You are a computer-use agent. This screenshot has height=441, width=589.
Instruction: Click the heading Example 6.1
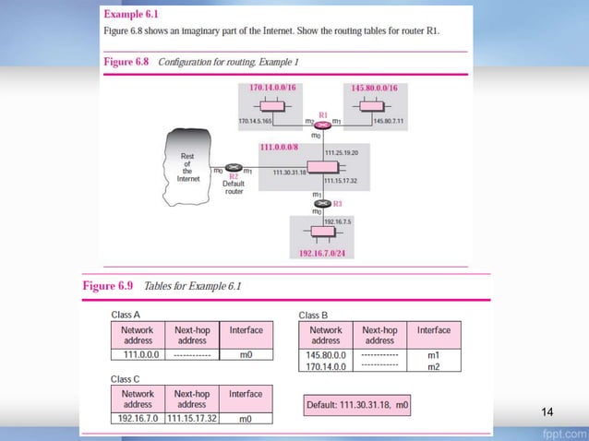130,16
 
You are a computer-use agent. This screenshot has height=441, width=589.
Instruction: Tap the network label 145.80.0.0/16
375,86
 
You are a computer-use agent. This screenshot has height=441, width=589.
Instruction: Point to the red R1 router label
323,114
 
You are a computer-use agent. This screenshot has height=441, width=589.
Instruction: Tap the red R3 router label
338,203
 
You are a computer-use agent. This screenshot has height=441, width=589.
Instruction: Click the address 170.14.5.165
254,121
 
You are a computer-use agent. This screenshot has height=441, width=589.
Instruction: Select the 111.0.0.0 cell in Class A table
138,353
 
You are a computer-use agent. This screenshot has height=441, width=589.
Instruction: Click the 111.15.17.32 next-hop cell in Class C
191,418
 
